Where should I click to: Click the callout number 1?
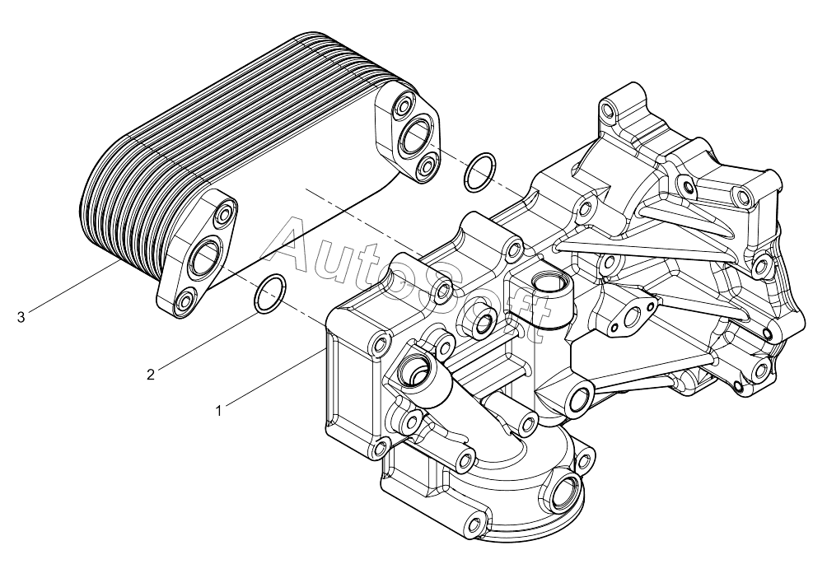coord(219,411)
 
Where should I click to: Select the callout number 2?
coord(151,375)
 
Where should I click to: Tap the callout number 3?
coord(21,317)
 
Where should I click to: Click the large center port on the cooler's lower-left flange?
coord(205,255)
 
